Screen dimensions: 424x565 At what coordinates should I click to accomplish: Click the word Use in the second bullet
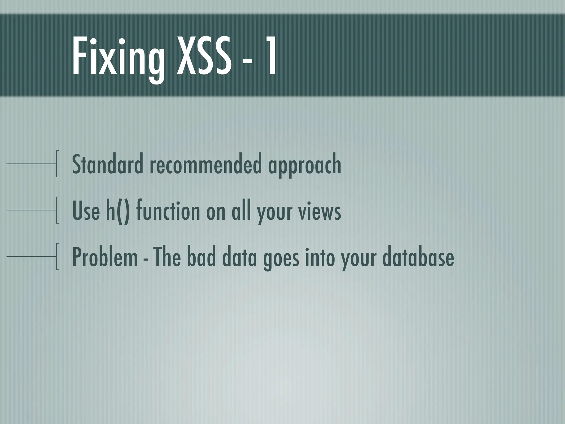(x=86, y=211)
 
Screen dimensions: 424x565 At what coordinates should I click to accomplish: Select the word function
(x=168, y=211)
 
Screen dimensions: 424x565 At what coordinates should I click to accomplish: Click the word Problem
(x=105, y=258)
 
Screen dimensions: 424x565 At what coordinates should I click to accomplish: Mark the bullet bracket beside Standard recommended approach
(x=57, y=164)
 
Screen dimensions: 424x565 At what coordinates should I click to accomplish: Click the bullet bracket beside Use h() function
(x=57, y=210)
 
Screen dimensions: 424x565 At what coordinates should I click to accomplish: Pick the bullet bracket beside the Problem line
(x=57, y=256)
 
